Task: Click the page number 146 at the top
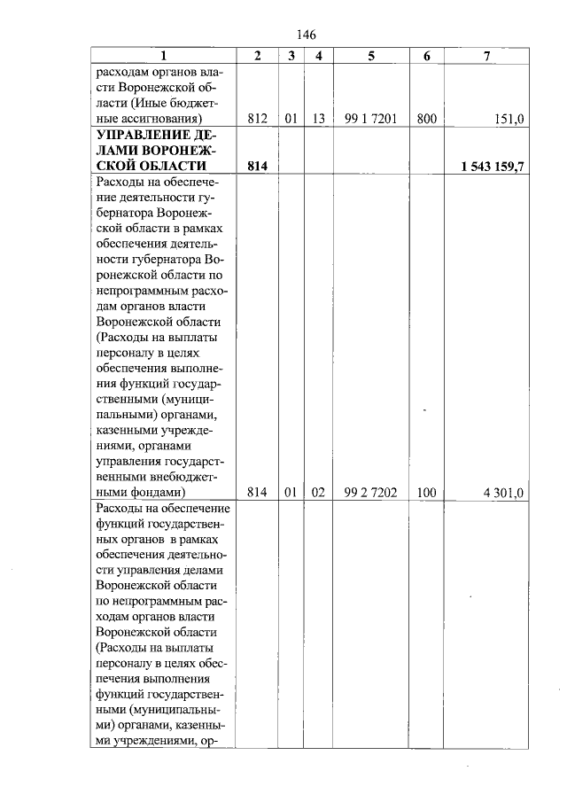coord(306,35)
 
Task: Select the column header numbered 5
coord(371,56)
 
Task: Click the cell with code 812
coord(257,118)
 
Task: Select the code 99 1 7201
coord(371,118)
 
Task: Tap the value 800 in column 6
coord(426,118)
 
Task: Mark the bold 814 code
coord(257,166)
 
